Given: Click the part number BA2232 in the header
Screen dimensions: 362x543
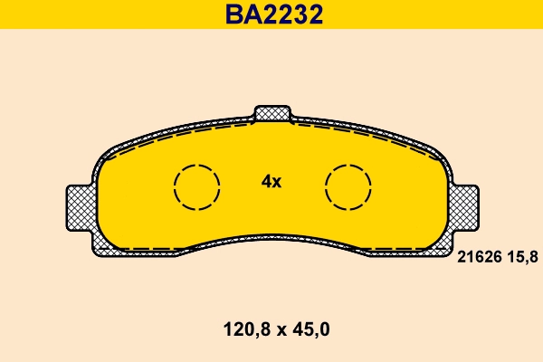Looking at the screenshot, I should [272, 15].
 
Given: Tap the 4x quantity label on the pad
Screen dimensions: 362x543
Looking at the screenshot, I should [271, 181].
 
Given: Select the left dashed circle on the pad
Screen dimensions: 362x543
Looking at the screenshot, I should [196, 188].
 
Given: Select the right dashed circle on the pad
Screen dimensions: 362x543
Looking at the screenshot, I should [348, 188].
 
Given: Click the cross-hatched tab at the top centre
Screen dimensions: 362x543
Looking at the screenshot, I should [272, 114].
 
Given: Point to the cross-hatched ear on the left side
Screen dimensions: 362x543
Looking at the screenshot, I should [79, 207].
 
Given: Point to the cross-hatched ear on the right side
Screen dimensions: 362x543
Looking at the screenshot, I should [465, 207].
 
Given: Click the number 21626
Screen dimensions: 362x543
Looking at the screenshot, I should [477, 258].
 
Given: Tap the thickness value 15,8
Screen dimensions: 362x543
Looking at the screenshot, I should [521, 258].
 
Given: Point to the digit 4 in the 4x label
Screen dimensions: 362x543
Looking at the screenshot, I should [266, 181].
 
